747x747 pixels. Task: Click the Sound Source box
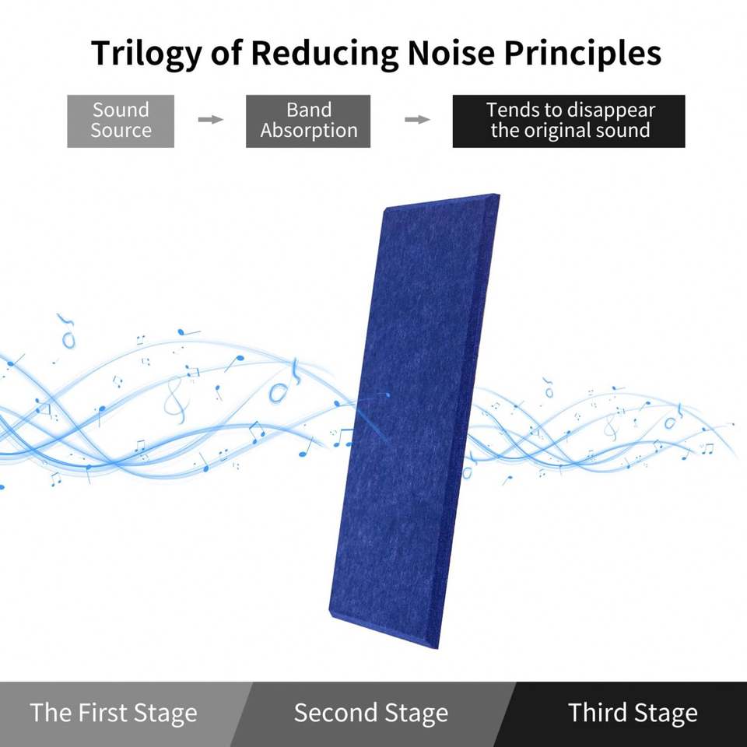point(121,121)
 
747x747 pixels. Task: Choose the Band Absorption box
point(308,121)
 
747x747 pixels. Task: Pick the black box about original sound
point(569,121)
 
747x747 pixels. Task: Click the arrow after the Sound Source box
point(210,119)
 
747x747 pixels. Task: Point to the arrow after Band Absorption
point(418,119)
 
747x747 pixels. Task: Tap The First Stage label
point(114,713)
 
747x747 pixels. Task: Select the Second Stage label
point(370,713)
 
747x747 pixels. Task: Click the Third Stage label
point(632,713)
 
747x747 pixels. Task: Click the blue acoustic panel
point(412,420)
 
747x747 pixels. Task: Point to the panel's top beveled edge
point(442,202)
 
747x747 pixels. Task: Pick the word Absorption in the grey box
point(308,131)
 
